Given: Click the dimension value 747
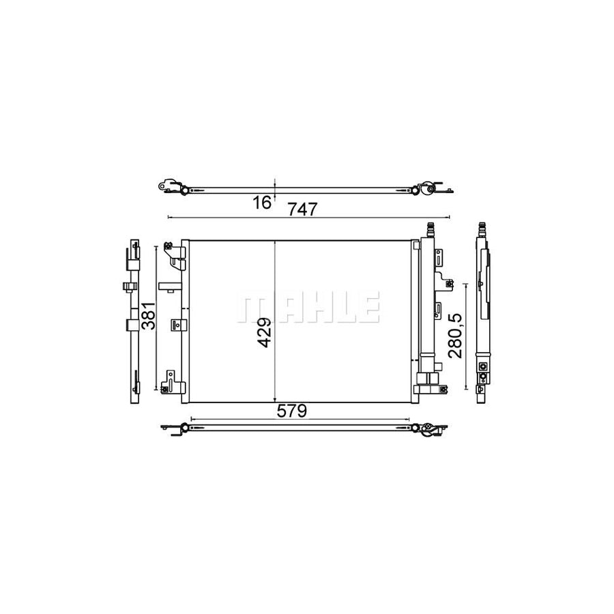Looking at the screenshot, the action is click(303, 209).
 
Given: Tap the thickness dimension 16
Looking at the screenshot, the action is click(261, 203).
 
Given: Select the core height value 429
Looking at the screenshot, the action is click(265, 332).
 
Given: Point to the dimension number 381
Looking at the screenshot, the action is click(149, 316).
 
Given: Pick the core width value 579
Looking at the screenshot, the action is click(292, 411).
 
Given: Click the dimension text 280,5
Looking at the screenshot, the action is click(456, 336).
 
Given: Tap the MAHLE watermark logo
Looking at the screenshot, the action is click(308, 307).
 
